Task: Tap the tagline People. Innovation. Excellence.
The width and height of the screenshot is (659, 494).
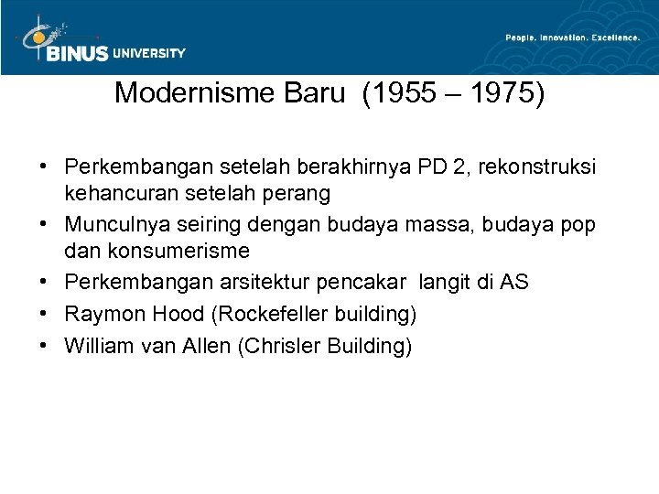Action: [571, 38]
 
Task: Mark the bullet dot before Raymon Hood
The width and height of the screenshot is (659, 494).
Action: [44, 315]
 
